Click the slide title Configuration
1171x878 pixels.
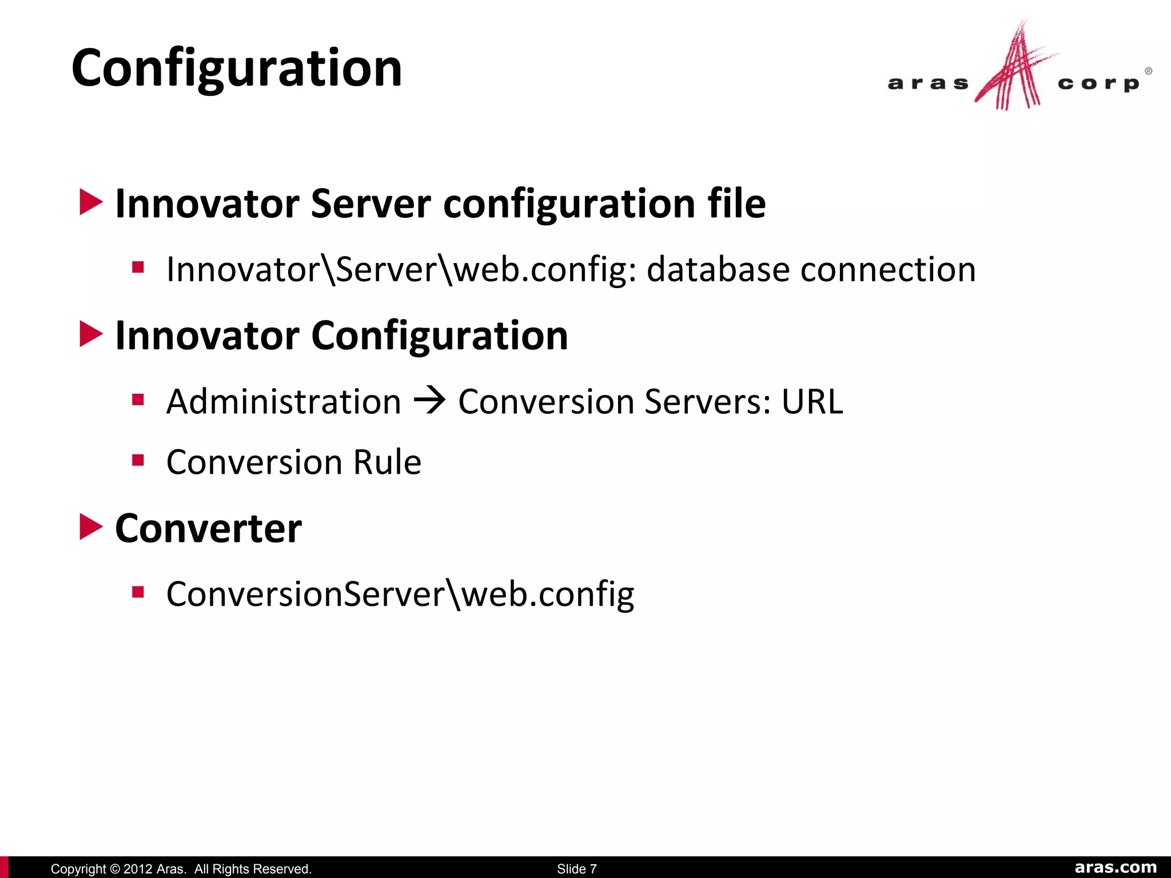click(237, 69)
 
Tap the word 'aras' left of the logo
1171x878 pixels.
click(928, 84)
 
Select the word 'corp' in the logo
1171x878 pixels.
click(1098, 84)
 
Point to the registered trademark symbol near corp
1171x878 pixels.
click(1148, 71)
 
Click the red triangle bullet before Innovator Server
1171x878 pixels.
click(90, 202)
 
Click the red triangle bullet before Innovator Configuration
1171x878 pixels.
click(90, 334)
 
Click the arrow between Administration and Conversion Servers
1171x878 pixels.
click(429, 401)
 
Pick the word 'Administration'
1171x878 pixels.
click(284, 401)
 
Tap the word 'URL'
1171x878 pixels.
click(812, 401)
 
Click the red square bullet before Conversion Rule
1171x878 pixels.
click(138, 460)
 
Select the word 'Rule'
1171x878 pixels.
click(387, 462)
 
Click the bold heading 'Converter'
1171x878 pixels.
click(208, 528)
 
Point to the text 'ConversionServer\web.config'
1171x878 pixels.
click(400, 594)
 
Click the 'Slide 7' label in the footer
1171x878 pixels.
click(576, 869)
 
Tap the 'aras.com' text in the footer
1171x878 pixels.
click(1116, 868)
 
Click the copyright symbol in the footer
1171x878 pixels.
click(114, 869)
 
